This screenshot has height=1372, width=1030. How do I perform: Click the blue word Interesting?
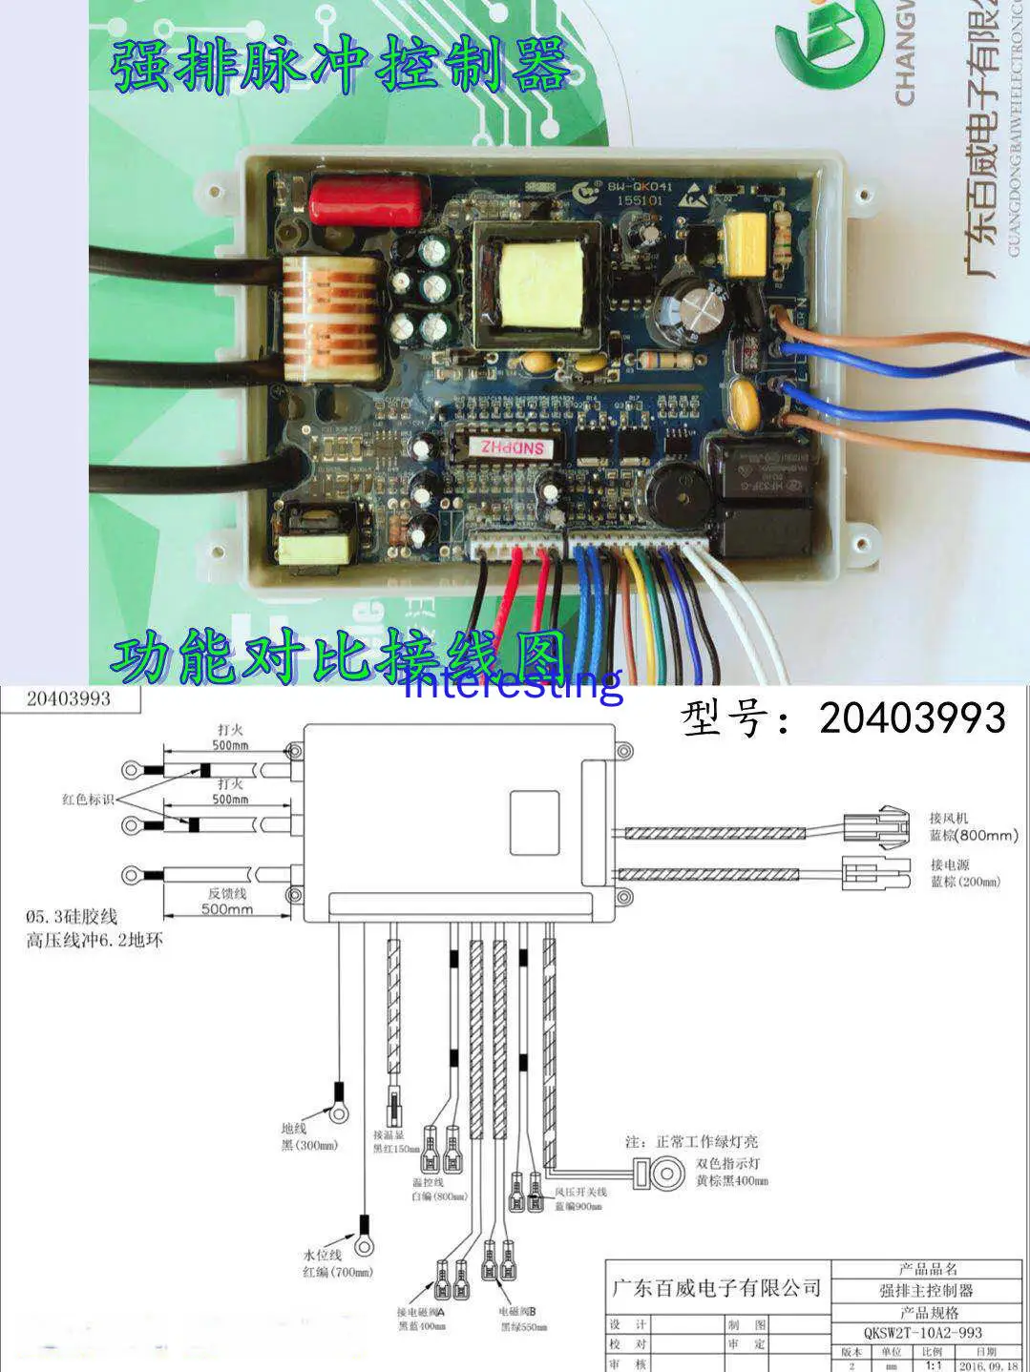tap(513, 683)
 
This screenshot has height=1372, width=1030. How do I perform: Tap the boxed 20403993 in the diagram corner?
tap(69, 698)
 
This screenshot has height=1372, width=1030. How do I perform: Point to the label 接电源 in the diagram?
tap(950, 864)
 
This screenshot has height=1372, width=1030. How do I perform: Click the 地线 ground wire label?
tap(294, 1128)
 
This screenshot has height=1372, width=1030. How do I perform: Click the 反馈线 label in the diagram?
tap(227, 893)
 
